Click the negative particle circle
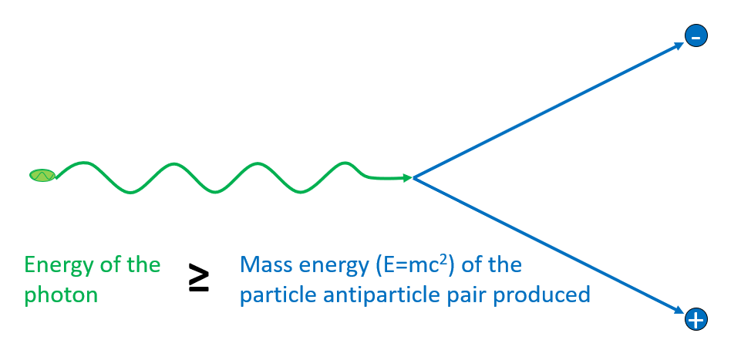(x=696, y=35)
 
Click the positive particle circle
(x=696, y=319)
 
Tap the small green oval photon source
(x=42, y=175)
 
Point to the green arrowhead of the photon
(x=408, y=178)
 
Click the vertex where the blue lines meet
(x=415, y=178)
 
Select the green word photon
(x=61, y=294)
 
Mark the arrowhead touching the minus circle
(x=679, y=45)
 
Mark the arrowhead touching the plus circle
(x=679, y=311)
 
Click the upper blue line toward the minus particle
(x=547, y=111)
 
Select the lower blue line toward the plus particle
(x=547, y=244)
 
